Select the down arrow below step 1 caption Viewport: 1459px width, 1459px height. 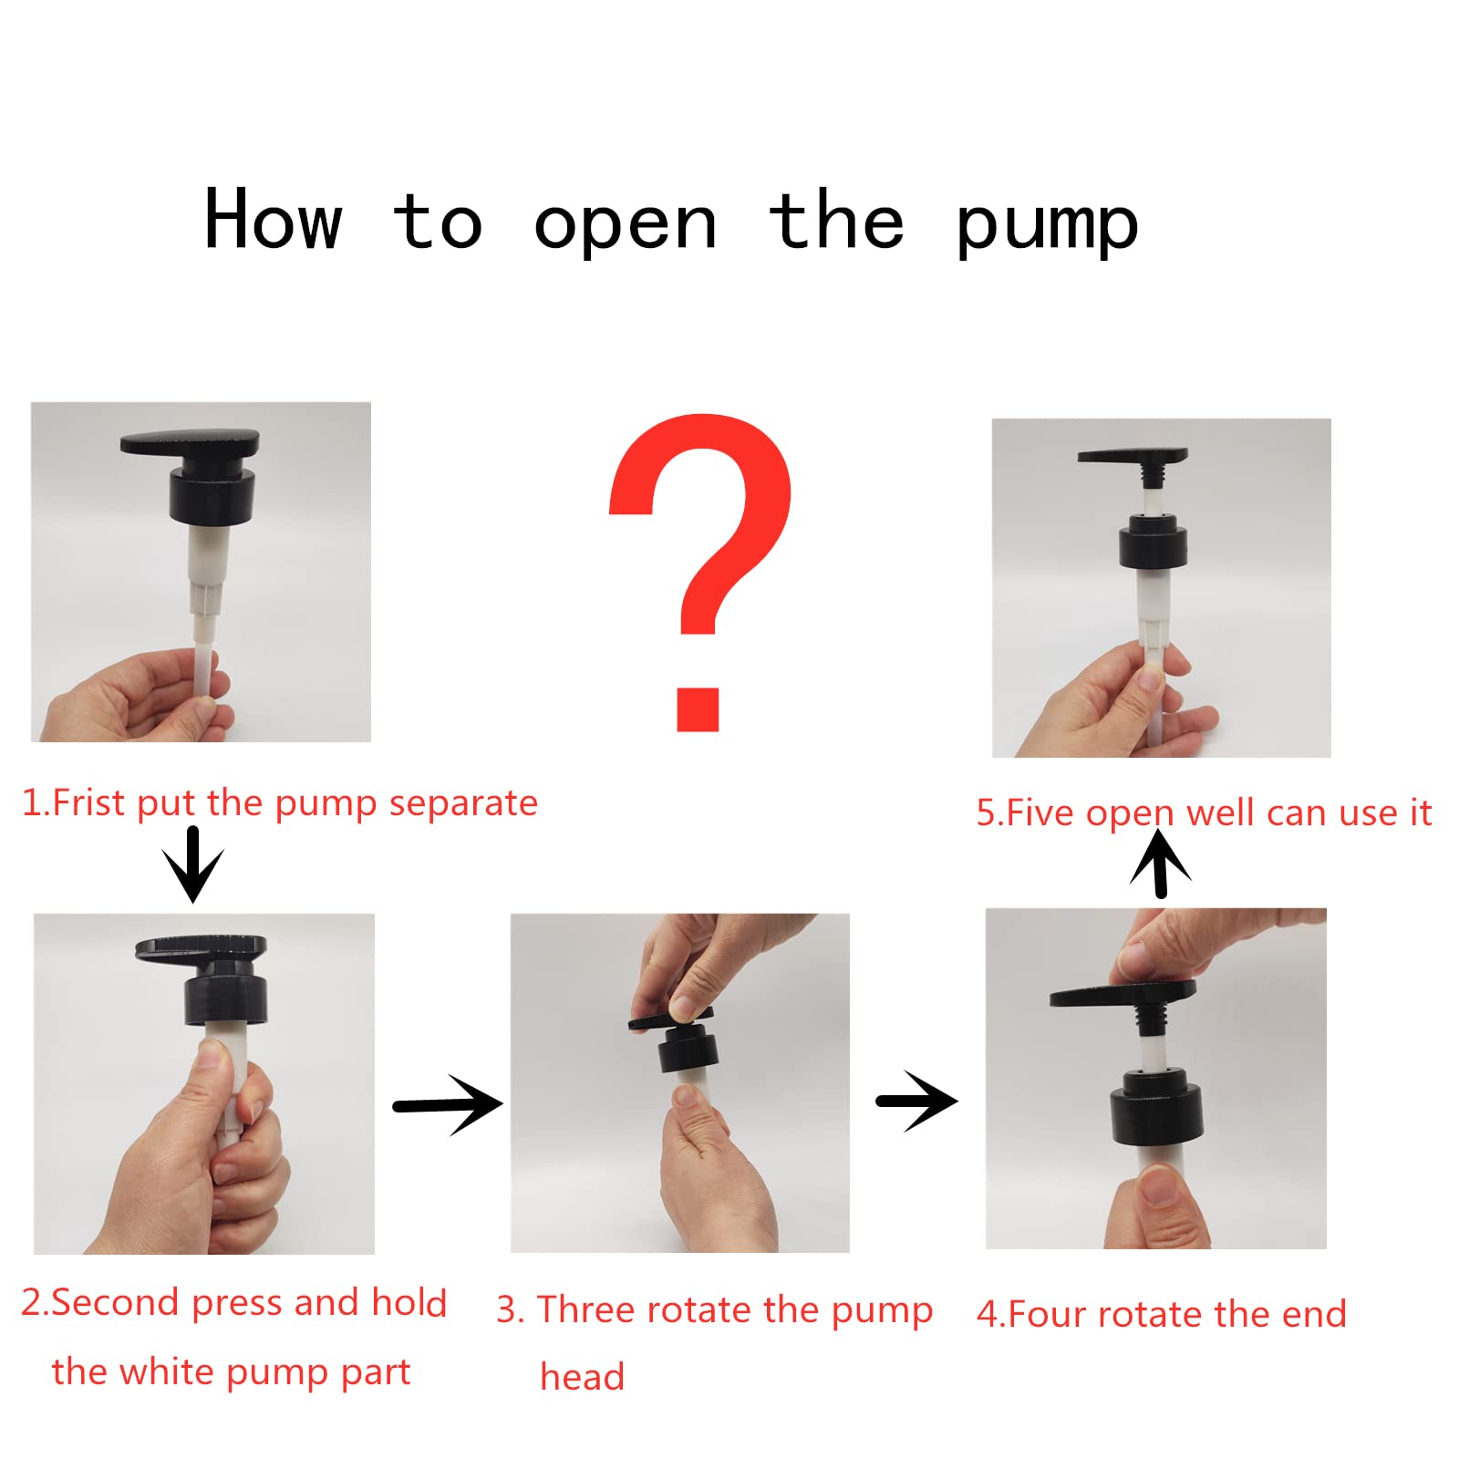[192, 864]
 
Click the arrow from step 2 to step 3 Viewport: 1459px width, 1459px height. [448, 1105]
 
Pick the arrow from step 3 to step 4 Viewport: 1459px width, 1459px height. [916, 1102]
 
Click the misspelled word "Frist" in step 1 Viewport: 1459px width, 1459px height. [88, 803]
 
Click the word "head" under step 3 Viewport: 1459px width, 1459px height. [582, 1376]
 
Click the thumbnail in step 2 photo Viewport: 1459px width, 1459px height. [213, 1055]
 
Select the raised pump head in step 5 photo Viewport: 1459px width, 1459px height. [1133, 461]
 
